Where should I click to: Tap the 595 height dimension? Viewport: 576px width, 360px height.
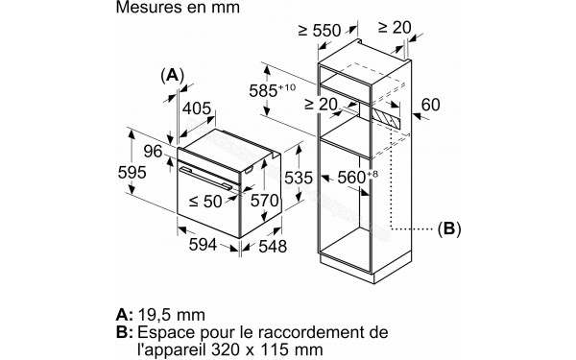click(x=131, y=173)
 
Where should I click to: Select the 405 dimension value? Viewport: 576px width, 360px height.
click(x=195, y=109)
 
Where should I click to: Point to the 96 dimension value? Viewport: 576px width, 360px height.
click(x=153, y=152)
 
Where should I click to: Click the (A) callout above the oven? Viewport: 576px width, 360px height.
click(x=172, y=75)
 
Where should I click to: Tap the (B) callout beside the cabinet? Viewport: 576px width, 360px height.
click(x=448, y=229)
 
